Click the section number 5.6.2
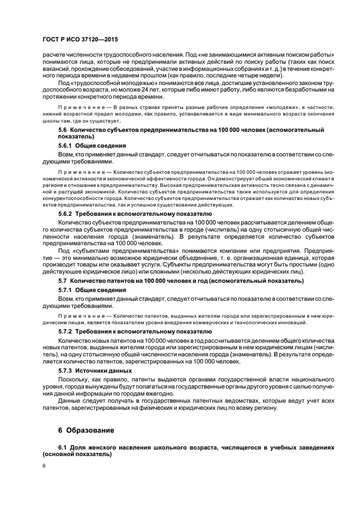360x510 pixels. pyautogui.click(x=66, y=214)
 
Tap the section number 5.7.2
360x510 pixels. pyautogui.click(x=66, y=331)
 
